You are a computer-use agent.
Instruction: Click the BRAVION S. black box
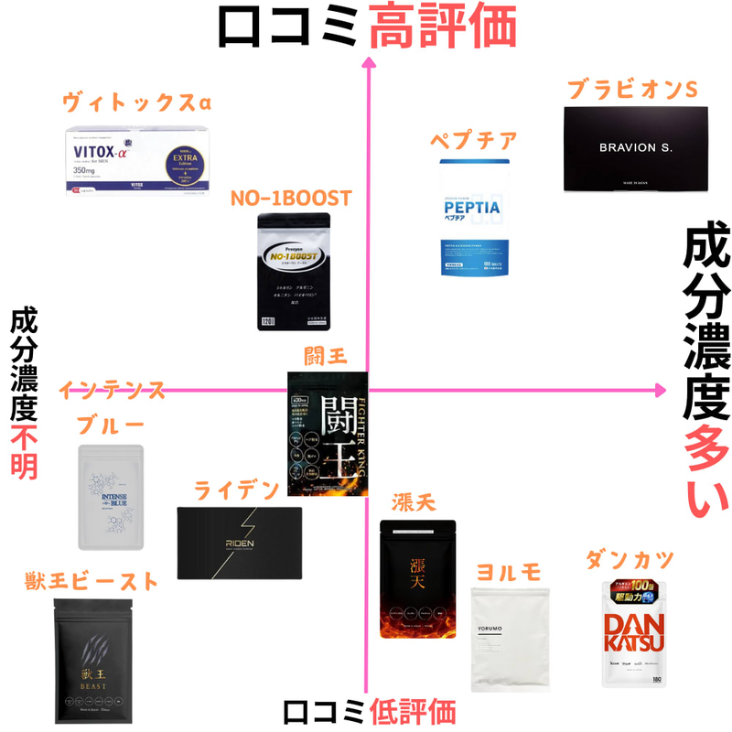point(635,149)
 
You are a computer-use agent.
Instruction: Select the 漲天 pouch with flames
point(417,579)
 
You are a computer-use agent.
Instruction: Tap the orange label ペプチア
point(474,142)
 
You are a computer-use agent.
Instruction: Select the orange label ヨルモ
point(508,571)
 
